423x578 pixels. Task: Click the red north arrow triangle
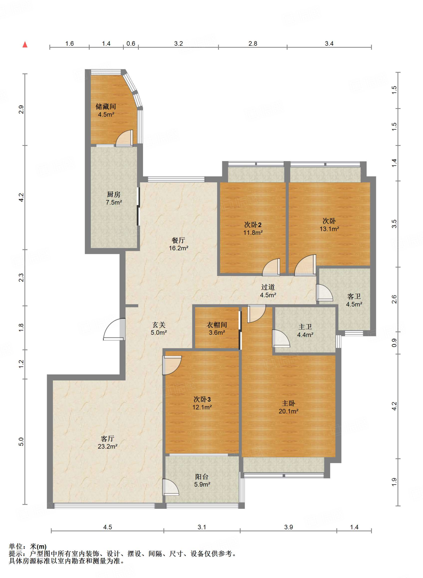click(x=25, y=44)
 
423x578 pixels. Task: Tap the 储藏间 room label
click(x=106, y=106)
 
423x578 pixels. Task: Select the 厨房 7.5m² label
click(x=114, y=198)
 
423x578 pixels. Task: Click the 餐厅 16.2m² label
click(x=179, y=244)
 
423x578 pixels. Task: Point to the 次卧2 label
click(x=253, y=225)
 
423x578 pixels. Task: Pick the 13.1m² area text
click(x=329, y=229)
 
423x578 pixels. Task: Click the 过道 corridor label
click(x=268, y=287)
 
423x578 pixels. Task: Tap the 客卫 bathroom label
click(x=354, y=296)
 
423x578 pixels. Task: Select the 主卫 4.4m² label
click(x=305, y=331)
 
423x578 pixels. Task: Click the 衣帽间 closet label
click(x=217, y=325)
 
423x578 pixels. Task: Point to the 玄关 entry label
click(x=159, y=325)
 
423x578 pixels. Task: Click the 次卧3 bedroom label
click(x=202, y=399)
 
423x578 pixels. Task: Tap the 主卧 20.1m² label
click(x=288, y=407)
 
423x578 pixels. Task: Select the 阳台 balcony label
click(x=202, y=477)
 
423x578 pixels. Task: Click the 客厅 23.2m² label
click(x=107, y=443)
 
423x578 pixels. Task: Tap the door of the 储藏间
click(x=124, y=138)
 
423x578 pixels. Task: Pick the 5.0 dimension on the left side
click(x=21, y=442)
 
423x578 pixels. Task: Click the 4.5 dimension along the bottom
click(x=107, y=527)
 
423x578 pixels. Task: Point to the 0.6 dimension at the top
click(x=131, y=43)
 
